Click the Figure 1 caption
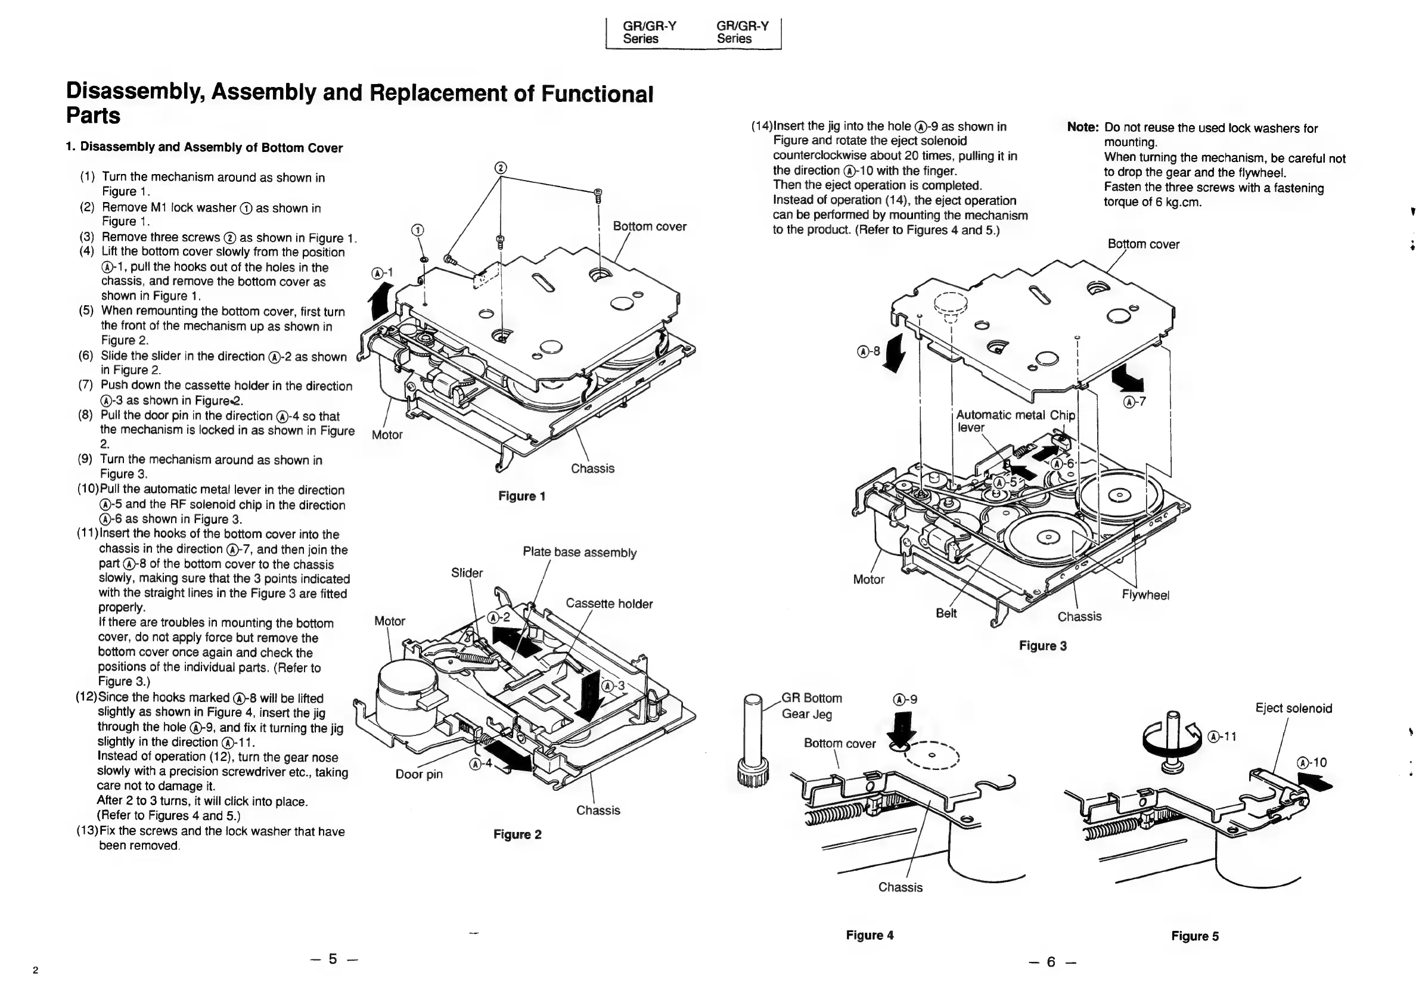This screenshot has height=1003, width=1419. point(521,496)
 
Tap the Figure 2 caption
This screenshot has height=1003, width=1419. point(517,834)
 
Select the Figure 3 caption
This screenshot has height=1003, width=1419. point(1042,646)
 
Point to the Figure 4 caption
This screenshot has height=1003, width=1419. point(870,935)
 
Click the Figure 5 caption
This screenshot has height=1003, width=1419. point(1195,936)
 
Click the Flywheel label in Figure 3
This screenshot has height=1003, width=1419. point(1145,595)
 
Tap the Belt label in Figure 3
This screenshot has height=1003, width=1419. point(946,613)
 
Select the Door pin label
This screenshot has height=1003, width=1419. point(419,774)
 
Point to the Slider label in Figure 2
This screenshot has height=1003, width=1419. point(467,573)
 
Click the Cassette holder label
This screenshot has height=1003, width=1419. point(608,604)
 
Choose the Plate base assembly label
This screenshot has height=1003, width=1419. point(579,552)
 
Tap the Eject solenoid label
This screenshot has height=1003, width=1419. point(1293,708)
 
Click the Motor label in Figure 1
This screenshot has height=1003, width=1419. point(387,434)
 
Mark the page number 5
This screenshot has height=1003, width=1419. point(333,958)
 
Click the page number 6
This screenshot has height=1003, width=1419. point(1051,962)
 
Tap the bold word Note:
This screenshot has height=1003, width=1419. point(1082,128)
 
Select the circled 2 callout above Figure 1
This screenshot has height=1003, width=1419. point(501,168)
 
